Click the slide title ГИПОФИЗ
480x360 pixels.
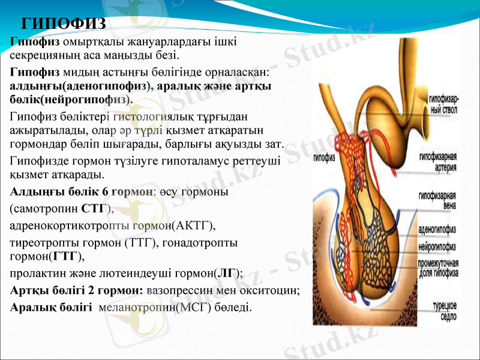pyautogui.click(x=64, y=24)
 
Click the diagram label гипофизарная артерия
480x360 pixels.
pyautogui.click(x=438, y=162)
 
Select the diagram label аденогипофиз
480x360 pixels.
pyautogui.click(x=437, y=230)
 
